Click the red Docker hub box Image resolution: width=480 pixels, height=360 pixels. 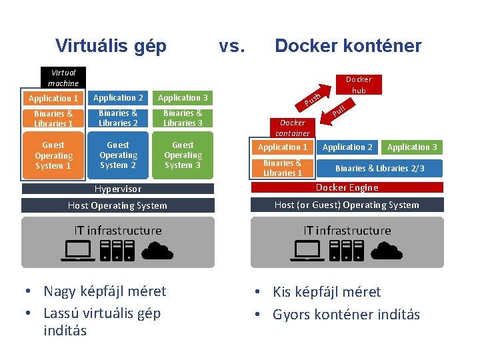(x=359, y=84)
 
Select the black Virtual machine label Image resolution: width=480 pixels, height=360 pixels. (x=63, y=77)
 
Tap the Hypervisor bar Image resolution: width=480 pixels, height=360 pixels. (x=118, y=189)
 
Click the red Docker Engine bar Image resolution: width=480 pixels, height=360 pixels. (x=347, y=188)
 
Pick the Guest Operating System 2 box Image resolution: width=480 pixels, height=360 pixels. (x=118, y=155)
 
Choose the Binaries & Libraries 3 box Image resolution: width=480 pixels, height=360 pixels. (x=183, y=118)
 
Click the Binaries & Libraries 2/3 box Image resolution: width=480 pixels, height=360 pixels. (x=379, y=169)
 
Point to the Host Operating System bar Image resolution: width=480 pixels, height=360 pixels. (x=118, y=205)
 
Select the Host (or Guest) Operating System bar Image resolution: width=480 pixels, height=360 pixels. (x=347, y=205)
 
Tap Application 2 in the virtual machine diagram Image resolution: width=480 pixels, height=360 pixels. (x=118, y=98)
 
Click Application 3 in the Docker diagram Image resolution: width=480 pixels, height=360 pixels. (x=412, y=147)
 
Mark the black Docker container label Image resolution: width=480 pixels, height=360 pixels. (x=293, y=127)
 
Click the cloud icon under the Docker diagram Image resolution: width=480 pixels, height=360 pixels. (x=386, y=251)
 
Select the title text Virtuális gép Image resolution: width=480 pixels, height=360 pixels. (x=111, y=46)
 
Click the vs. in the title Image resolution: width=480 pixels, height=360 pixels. (x=233, y=46)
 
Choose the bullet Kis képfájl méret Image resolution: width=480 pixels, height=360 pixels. (x=327, y=292)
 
